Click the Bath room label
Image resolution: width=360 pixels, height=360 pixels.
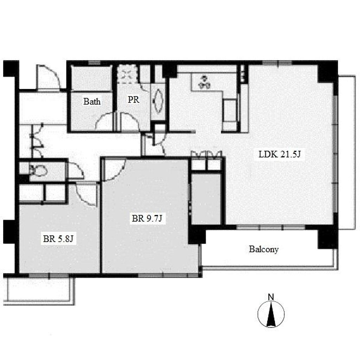pos(92,101)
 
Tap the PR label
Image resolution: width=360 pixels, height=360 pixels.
pos(133,99)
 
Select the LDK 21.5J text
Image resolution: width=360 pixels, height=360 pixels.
pos(279,154)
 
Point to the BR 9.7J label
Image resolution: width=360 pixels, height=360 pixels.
pos(147,218)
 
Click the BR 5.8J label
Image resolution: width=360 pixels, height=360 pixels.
pos(58,239)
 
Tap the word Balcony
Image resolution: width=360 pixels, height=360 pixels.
pos(264,249)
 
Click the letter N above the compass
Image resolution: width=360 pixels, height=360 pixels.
pos(271,297)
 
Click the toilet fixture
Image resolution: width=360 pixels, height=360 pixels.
pos(38,170)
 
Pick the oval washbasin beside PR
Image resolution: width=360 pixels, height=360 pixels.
pos(158,101)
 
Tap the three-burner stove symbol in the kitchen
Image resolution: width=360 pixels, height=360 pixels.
pos(204,82)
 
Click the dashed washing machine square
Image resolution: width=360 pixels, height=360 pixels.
pos(127,73)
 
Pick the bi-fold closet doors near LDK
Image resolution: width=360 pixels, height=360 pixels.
pos(206,155)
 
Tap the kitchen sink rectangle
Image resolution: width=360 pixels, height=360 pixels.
pos(230,110)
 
